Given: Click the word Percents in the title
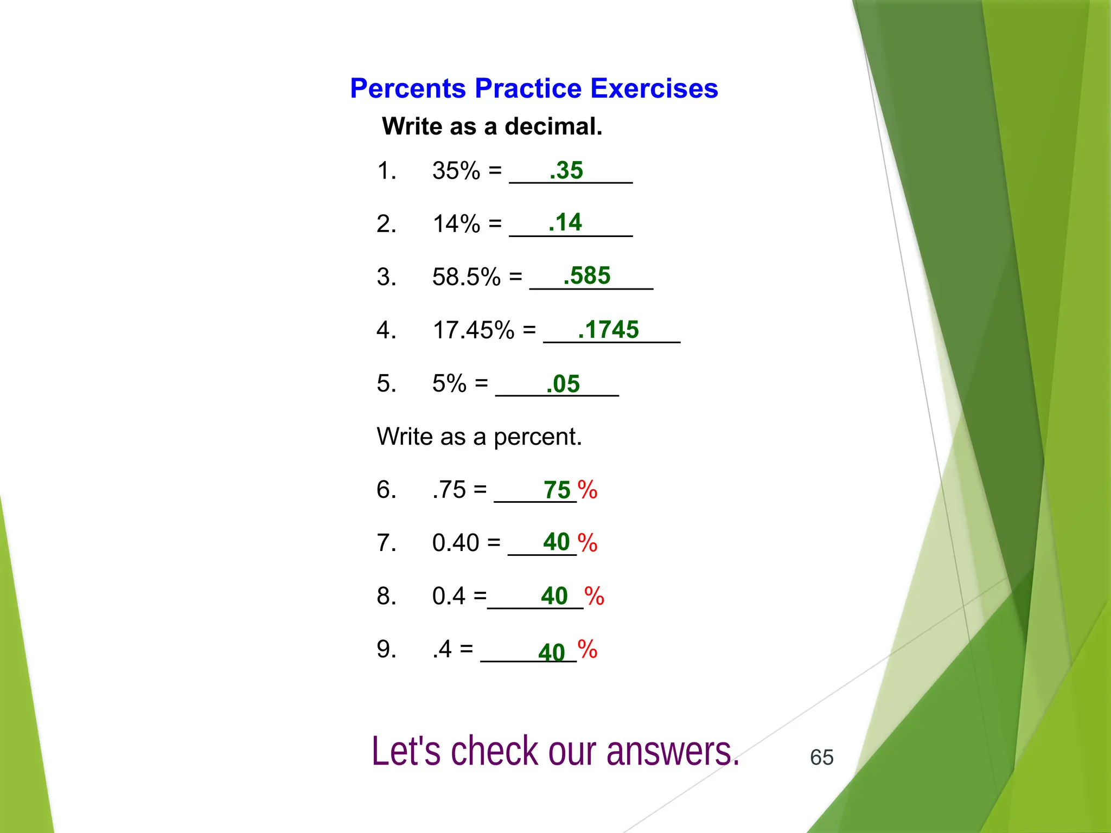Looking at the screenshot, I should click(407, 88).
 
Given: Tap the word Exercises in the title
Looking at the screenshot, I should click(654, 88).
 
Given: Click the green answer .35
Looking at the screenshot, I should click(566, 170).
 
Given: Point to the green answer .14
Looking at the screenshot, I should click(565, 222).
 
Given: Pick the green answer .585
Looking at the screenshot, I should click(586, 275).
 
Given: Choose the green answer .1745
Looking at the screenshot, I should click(608, 329).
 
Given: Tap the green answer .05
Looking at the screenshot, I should click(563, 384).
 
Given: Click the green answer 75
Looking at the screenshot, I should click(557, 490).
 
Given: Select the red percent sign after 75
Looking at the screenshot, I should click(587, 490).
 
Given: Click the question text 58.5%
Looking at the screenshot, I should click(466, 277).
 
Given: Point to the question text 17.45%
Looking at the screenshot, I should click(473, 330).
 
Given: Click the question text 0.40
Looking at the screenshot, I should click(456, 542).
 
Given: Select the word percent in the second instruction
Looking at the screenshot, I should click(537, 437).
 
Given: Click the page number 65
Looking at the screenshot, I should click(821, 757).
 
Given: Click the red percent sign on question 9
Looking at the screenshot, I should click(587, 649).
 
